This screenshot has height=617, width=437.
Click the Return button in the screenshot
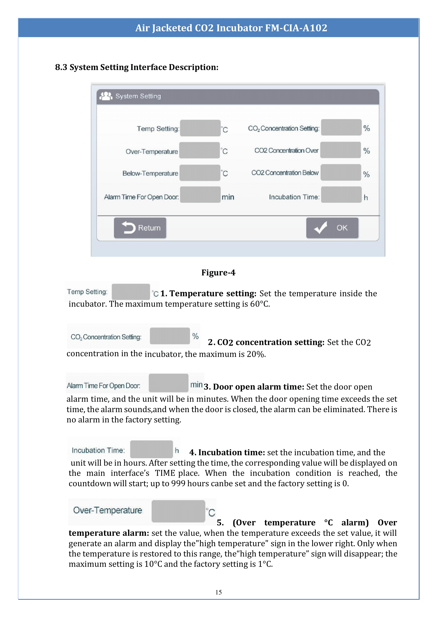tap(140, 228)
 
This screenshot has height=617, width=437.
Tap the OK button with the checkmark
tap(332, 228)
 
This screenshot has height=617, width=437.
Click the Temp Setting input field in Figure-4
tap(200, 128)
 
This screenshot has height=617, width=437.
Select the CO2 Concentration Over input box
tap(340, 150)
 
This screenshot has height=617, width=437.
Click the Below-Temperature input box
tap(200, 173)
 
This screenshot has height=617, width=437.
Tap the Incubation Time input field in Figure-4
tap(341, 195)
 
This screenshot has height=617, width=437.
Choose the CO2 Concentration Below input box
tap(341, 173)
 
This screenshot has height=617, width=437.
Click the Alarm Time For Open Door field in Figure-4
tap(200, 195)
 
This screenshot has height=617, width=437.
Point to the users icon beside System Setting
tap(106, 96)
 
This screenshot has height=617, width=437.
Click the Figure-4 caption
tap(218, 273)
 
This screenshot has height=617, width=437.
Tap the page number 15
tap(218, 592)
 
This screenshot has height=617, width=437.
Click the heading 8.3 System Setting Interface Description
tap(137, 67)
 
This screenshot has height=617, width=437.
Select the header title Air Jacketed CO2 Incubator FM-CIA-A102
tap(231, 28)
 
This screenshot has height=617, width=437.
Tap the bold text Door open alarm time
tap(258, 387)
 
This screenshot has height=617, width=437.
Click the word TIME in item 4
tap(165, 473)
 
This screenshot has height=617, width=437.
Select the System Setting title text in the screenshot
tap(138, 96)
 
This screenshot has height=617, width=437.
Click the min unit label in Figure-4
tap(228, 197)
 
